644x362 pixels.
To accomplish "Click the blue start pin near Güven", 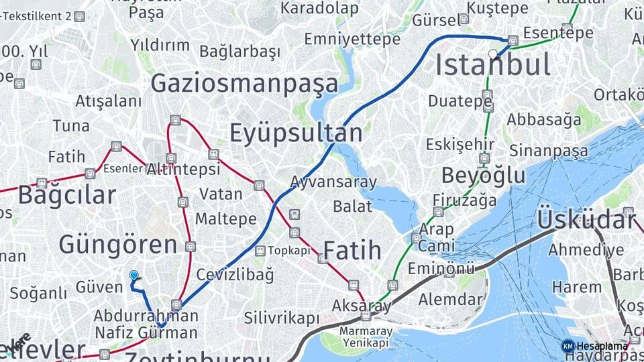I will pos(133,276).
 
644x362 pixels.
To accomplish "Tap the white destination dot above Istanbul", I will pos(493,54).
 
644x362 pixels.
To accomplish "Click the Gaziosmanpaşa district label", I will pos(244,84).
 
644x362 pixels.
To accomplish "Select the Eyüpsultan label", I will pos(296,133).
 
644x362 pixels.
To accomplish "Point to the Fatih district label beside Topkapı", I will pos(352,250).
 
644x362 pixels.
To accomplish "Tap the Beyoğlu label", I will pos(483,175).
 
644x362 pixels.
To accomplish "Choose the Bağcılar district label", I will pos(66,195).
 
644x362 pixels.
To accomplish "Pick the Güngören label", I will pos(118,245).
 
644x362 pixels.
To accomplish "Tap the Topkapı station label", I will pos(290,251).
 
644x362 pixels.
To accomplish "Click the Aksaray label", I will pos(362,306).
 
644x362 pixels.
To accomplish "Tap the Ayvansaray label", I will pos(333,182).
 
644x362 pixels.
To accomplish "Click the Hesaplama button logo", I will pos(568,346).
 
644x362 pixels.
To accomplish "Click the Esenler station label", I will pos(124,169).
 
